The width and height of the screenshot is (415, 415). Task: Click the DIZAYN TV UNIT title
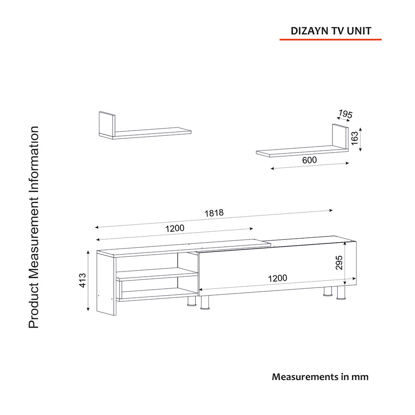click(331, 31)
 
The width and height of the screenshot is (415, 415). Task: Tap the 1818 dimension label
click(214, 213)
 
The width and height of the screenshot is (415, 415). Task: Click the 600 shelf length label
click(310, 160)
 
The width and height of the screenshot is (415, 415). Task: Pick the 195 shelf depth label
click(345, 114)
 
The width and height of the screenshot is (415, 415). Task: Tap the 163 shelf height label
click(355, 138)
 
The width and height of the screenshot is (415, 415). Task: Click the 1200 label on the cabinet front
click(278, 278)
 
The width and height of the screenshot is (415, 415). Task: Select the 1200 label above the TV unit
click(175, 228)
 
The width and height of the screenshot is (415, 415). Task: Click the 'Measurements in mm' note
click(320, 377)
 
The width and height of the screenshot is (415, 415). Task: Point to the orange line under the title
click(331, 40)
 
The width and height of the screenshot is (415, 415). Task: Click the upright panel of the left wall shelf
click(107, 124)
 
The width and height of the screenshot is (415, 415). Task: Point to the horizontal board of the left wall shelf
click(151, 133)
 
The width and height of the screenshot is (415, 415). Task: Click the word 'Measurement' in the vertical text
click(34, 239)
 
